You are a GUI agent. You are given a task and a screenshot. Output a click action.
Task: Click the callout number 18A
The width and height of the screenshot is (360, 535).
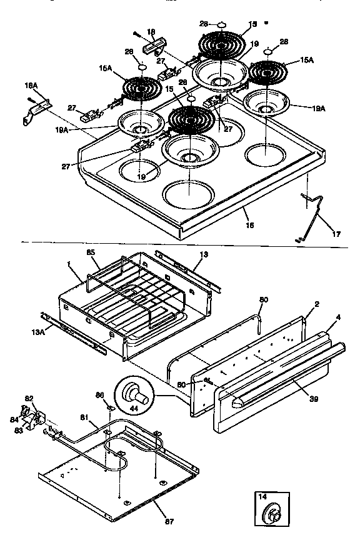pyautogui.click(x=30, y=84)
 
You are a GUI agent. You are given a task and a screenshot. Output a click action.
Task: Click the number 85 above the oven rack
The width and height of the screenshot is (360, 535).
pyautogui.click(x=90, y=252)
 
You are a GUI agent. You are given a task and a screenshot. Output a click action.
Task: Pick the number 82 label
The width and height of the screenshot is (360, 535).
pyautogui.click(x=29, y=397)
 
